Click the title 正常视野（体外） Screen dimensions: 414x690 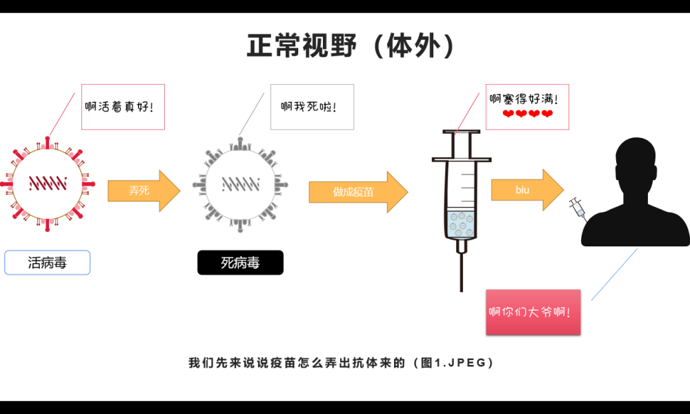click(351, 46)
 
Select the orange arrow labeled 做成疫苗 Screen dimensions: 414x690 click(357, 192)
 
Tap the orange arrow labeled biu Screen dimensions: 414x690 click(526, 190)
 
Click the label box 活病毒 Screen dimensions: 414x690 click(47, 263)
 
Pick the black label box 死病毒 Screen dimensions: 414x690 click(240, 263)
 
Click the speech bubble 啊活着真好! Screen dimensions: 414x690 click(123, 107)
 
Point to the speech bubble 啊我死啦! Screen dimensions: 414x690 click(312, 107)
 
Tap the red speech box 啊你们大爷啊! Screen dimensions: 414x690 click(533, 312)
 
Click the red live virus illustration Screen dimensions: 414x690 click(48, 184)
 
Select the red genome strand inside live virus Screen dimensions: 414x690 click(48, 184)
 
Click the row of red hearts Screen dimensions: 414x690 click(527, 114)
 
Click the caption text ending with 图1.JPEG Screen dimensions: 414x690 click(341, 362)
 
